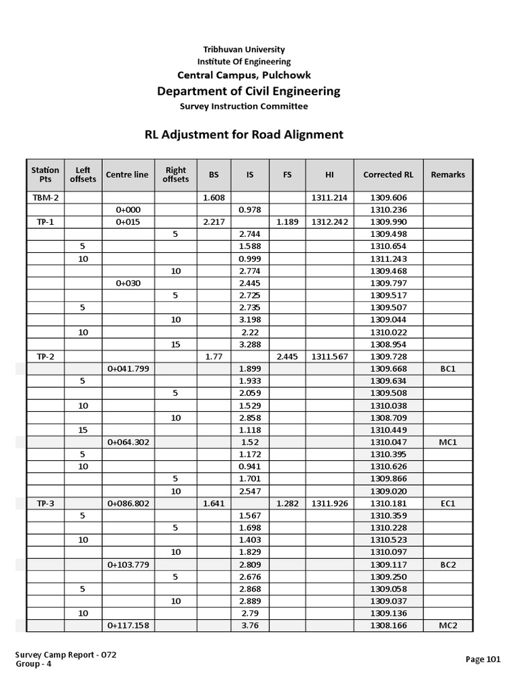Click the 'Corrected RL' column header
(388, 174)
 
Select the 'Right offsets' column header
(175, 174)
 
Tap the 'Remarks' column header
(448, 174)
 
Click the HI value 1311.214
(329, 198)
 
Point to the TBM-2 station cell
(46, 198)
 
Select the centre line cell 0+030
(128, 283)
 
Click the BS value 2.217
(214, 222)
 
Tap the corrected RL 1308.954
(388, 344)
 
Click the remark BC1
(448, 369)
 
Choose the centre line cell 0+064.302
(128, 442)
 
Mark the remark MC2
(448, 625)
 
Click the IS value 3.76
(250, 625)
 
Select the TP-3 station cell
(46, 503)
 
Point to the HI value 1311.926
(329, 503)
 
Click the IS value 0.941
(250, 466)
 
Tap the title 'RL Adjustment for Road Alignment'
(244, 134)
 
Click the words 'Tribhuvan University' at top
(244, 50)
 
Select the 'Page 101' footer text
(483, 659)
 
